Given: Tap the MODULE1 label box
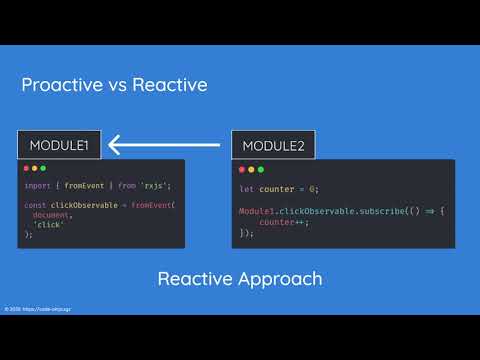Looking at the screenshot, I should (57, 146).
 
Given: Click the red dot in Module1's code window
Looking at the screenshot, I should (29, 168).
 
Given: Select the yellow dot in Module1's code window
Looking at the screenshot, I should (37, 168).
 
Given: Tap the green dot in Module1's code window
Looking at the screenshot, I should (45, 168).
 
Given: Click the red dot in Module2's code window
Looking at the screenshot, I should (244, 168).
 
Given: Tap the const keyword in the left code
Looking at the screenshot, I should (36, 205).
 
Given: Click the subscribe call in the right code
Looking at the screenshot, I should (350, 212).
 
